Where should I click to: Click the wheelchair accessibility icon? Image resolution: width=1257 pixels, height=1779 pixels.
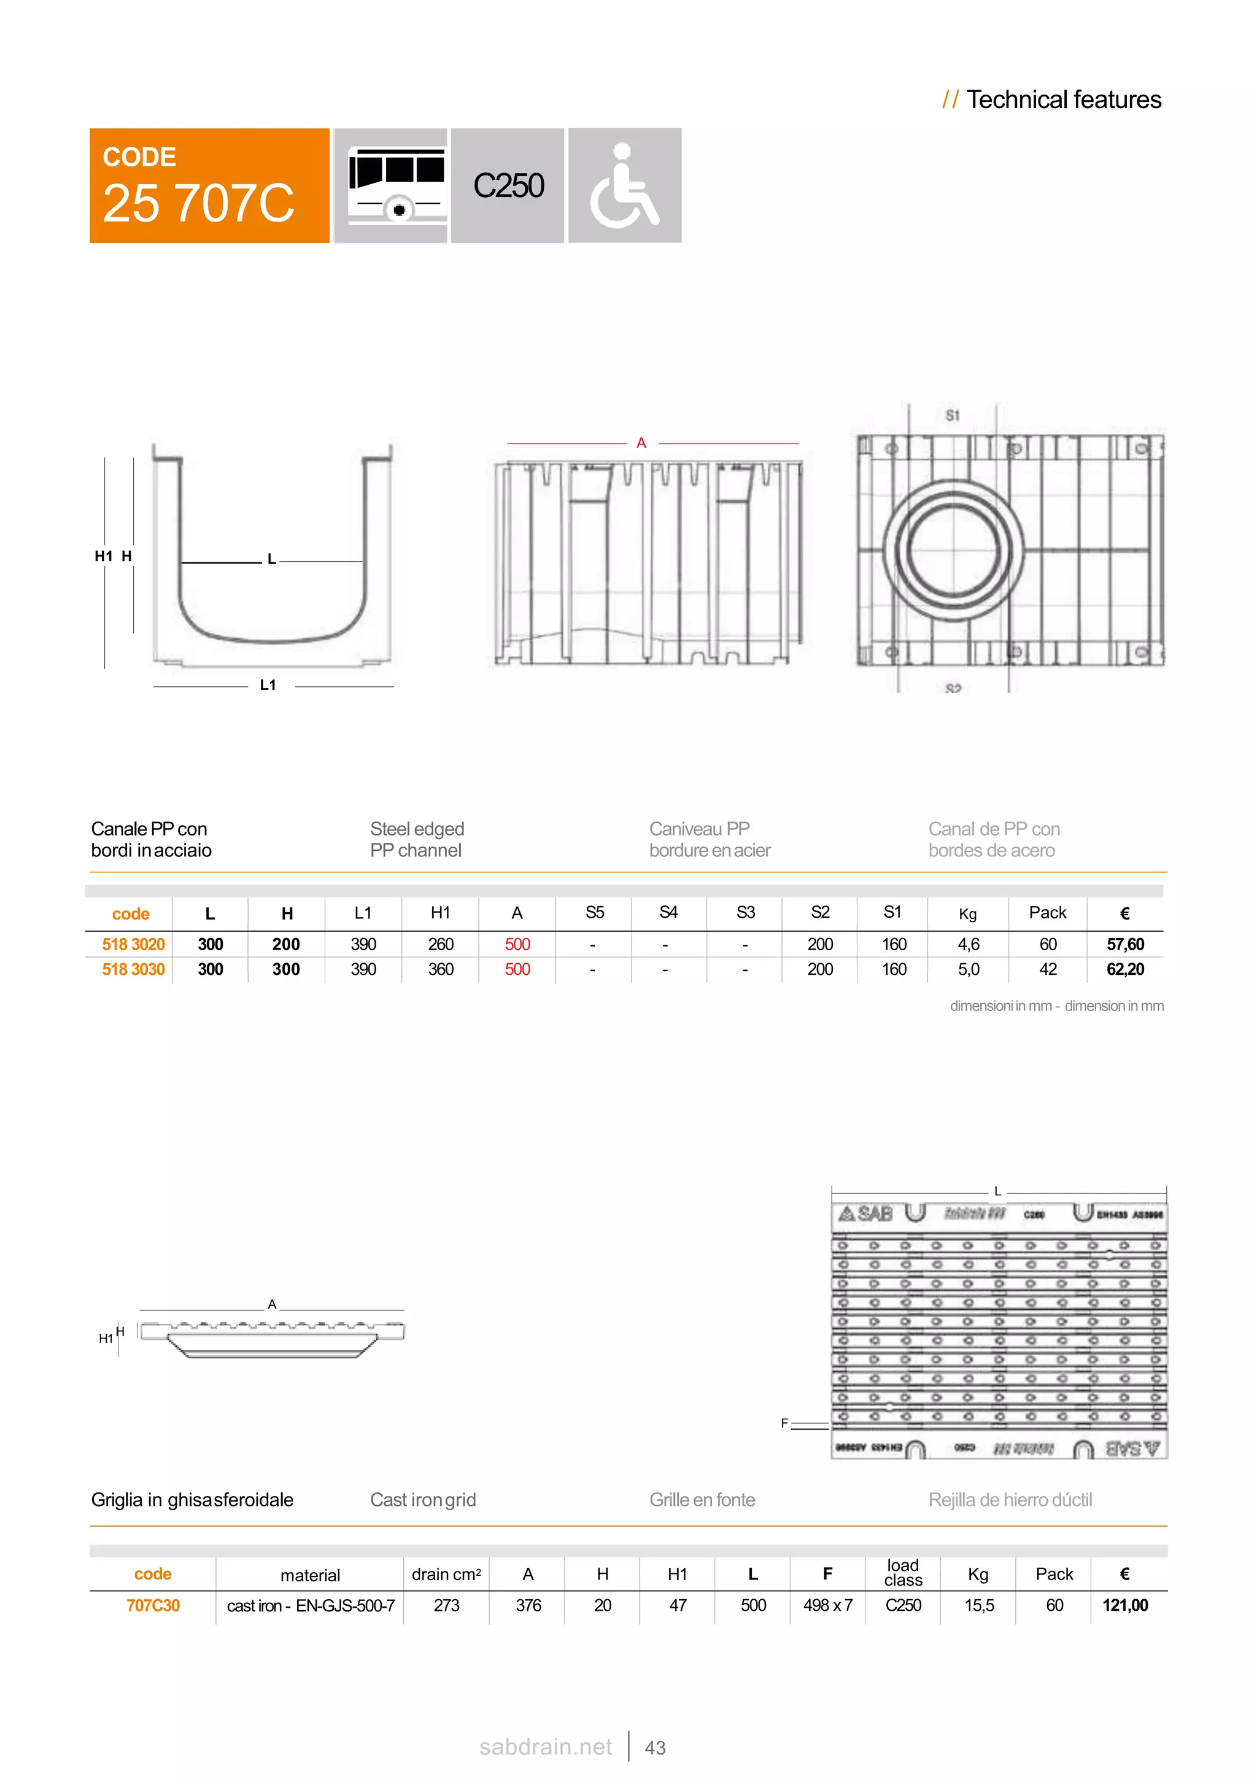[624, 186]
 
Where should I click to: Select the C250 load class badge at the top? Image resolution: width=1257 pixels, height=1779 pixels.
[508, 186]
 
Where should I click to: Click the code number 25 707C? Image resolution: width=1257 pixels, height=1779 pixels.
[198, 203]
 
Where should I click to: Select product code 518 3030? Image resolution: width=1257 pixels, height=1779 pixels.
[133, 969]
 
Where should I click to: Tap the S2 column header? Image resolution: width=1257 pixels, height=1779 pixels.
[819, 913]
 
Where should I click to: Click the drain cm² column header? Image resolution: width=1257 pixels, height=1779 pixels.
[446, 1575]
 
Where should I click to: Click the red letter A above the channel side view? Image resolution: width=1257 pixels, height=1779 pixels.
[641, 443]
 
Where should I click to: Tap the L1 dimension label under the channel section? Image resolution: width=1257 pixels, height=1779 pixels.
[268, 685]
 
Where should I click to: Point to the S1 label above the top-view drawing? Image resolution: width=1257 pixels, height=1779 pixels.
[953, 416]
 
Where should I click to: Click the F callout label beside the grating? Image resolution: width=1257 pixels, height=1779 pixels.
[784, 1424]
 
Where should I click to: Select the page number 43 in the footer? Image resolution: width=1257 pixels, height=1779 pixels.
[656, 1748]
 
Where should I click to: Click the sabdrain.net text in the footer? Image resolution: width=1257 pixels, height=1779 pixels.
[545, 1747]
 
